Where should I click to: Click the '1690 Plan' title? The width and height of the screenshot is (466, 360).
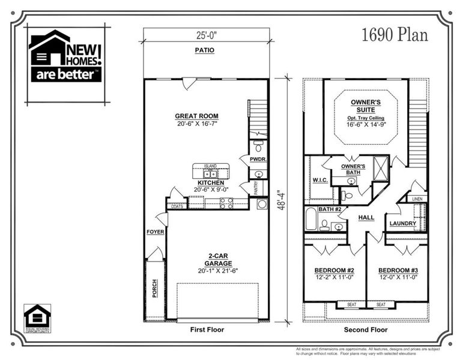click(395, 35)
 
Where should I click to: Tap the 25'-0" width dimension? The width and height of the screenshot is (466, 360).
click(205, 35)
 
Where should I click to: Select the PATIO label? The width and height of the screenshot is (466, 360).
click(205, 50)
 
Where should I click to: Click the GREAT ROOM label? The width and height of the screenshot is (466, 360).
click(196, 116)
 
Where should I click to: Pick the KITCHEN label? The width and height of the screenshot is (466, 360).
click(211, 182)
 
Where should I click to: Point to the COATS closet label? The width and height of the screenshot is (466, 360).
click(177, 206)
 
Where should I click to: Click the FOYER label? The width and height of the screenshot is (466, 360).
click(155, 232)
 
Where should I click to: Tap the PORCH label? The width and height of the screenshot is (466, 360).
click(154, 287)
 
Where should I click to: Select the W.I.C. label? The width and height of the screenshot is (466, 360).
click(319, 179)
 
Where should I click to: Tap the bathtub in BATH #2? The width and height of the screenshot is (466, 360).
click(310, 220)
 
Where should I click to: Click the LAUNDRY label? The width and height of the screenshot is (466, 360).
click(402, 224)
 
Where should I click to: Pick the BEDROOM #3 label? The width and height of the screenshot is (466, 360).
click(397, 270)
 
